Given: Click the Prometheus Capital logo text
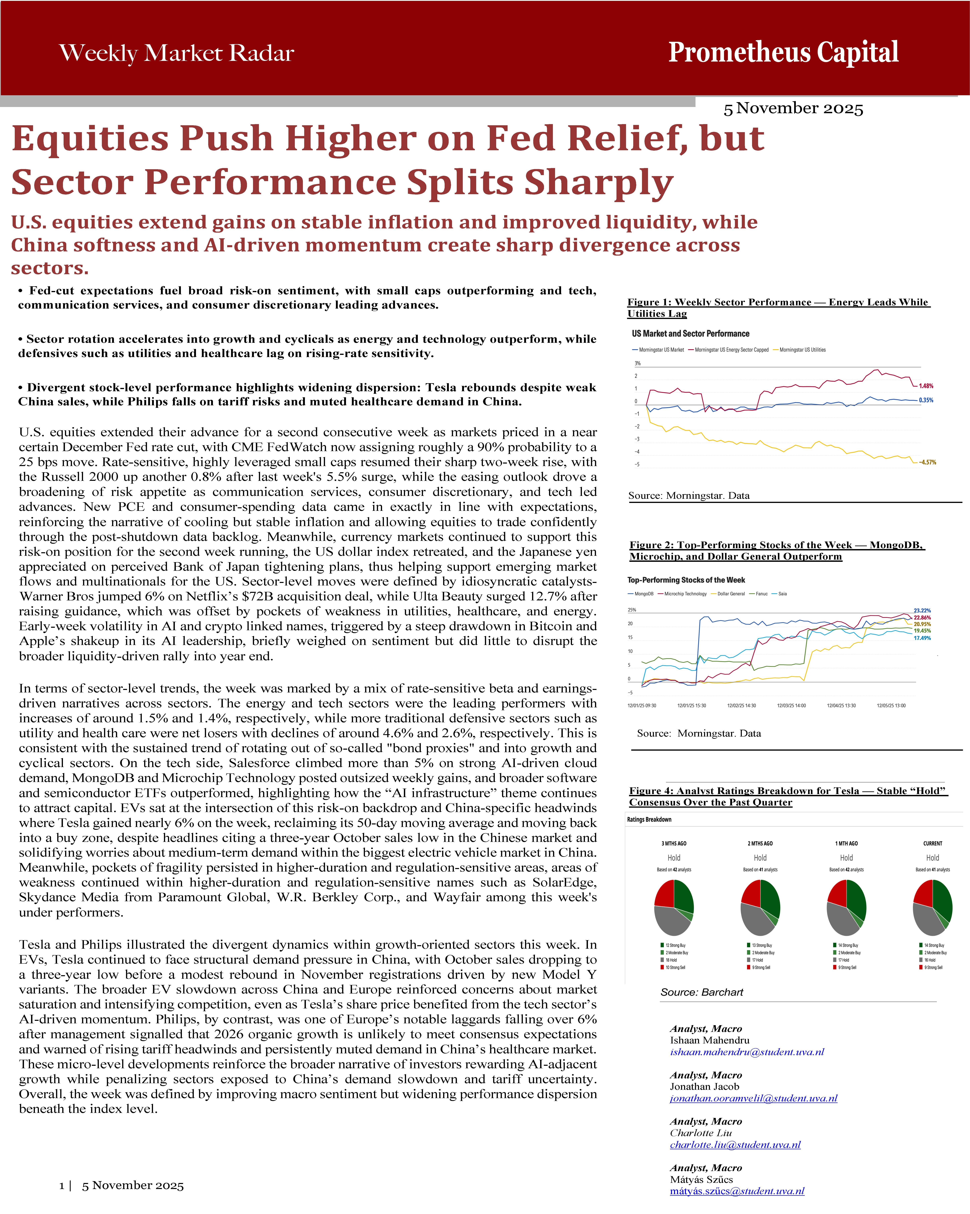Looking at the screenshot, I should [x=783, y=53].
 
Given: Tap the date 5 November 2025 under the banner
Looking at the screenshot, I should [x=793, y=108].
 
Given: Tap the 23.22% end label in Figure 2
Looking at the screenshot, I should [x=922, y=610].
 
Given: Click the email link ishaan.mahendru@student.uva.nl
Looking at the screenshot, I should [x=747, y=1052].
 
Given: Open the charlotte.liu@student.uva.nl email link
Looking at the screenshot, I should [x=735, y=1145].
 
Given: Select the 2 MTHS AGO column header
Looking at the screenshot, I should [x=760, y=844].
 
